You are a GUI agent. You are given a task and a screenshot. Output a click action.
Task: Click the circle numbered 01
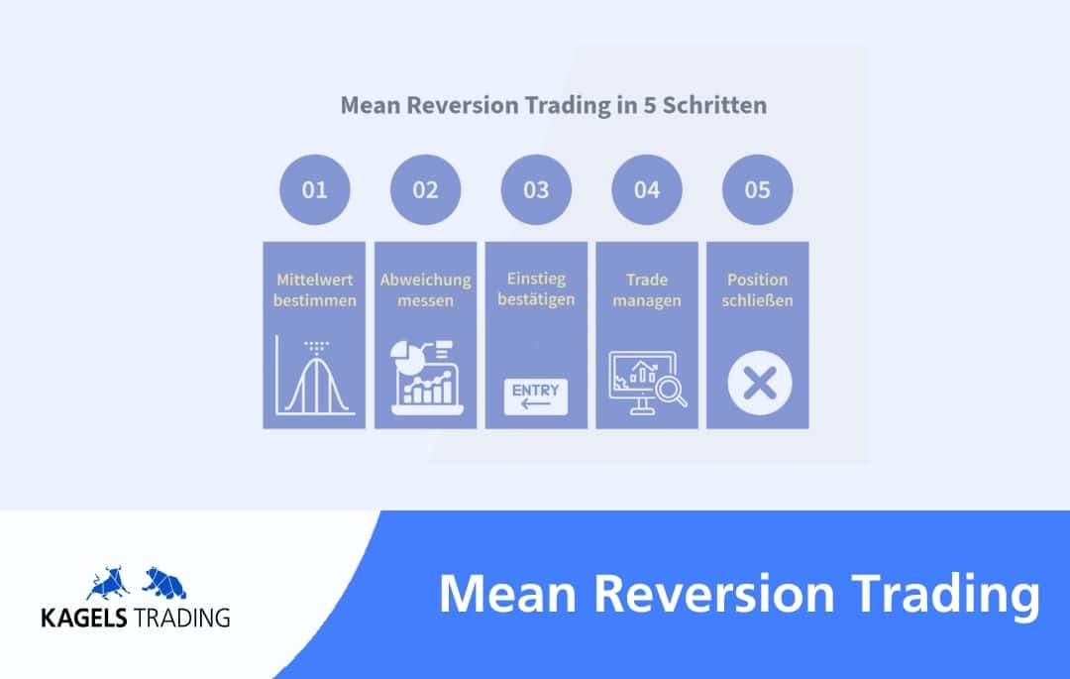(x=315, y=189)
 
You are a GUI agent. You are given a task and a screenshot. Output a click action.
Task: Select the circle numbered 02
(x=425, y=189)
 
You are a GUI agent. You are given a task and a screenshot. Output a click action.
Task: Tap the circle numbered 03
(x=536, y=189)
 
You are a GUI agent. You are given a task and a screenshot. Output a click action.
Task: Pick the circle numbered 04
(x=647, y=189)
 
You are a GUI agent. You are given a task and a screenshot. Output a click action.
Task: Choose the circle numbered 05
(x=758, y=189)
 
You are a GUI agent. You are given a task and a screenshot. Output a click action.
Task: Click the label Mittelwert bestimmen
(x=315, y=290)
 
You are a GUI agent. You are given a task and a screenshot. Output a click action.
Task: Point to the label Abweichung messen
(x=425, y=290)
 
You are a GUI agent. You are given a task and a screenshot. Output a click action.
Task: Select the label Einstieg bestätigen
(x=536, y=289)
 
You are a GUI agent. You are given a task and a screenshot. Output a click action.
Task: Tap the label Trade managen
(x=647, y=290)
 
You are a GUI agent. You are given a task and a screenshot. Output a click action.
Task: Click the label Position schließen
(x=758, y=290)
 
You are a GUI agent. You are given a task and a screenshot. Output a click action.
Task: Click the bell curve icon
(x=315, y=376)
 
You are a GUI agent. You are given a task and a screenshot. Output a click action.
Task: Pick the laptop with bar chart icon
(x=426, y=378)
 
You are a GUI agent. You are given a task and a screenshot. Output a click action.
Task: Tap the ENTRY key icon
(x=536, y=396)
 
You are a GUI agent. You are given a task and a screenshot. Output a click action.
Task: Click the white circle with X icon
(x=760, y=383)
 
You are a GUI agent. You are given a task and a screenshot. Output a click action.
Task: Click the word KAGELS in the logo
(x=84, y=618)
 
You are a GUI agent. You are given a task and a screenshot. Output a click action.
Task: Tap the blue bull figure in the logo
(x=109, y=583)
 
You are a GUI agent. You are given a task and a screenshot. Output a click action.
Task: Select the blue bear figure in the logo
(x=163, y=583)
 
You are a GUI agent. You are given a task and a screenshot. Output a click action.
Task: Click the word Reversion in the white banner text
(x=714, y=594)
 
